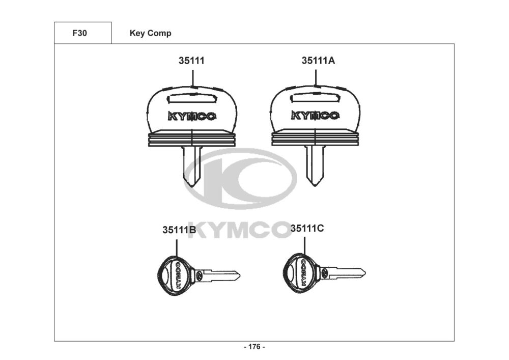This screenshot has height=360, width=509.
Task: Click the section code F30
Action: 79,33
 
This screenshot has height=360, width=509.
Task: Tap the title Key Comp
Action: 150,34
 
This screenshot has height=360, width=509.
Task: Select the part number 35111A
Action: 318,61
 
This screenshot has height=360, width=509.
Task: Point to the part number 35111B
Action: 179,230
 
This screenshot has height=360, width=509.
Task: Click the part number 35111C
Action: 307,228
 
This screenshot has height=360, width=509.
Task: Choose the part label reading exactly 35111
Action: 191,61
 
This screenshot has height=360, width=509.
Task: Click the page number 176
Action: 254,347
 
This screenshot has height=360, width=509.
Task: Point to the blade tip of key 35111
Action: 191,187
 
